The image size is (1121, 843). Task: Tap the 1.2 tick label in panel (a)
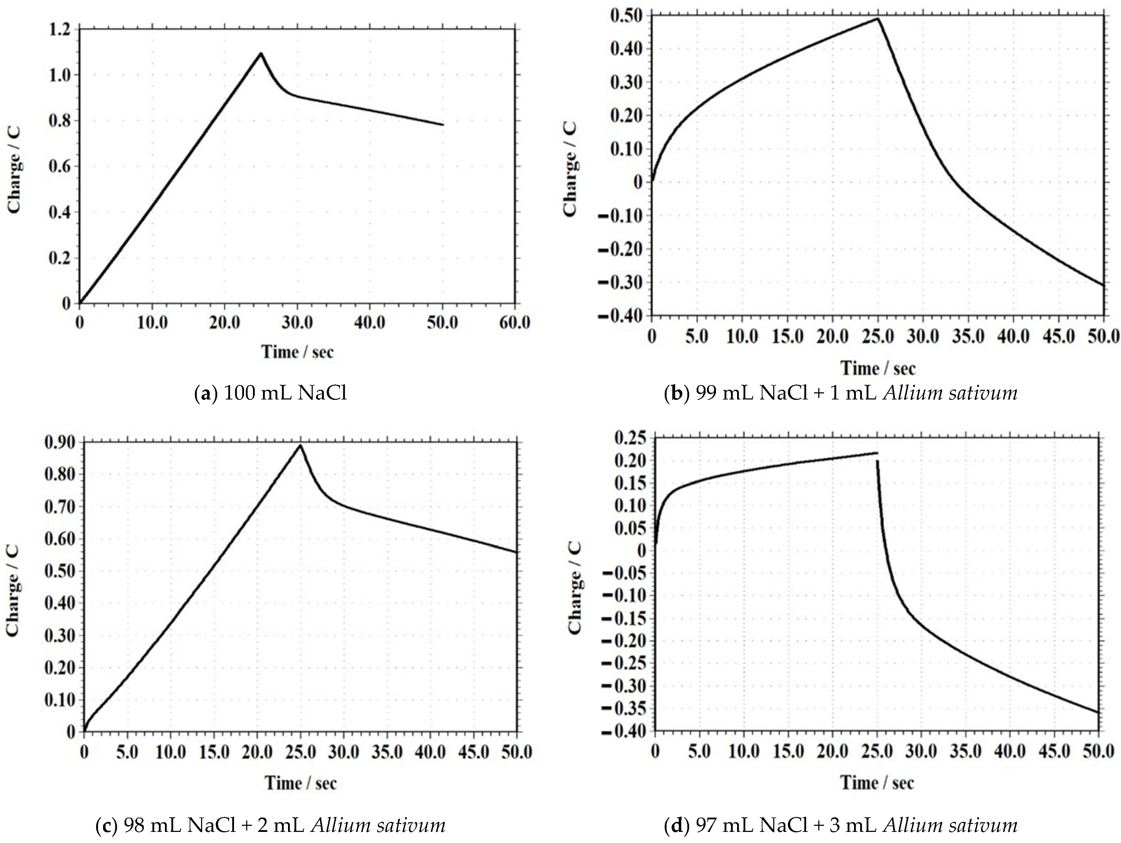tap(59, 29)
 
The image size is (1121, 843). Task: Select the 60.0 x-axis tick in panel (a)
tap(515, 323)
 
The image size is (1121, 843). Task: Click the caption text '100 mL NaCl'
tap(285, 393)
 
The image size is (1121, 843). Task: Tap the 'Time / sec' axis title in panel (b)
tap(878, 368)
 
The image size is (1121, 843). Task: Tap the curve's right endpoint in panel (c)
tap(516, 552)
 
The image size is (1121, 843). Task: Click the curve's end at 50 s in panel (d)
tap(1098, 713)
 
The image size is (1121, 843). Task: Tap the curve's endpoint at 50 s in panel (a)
tap(443, 125)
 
